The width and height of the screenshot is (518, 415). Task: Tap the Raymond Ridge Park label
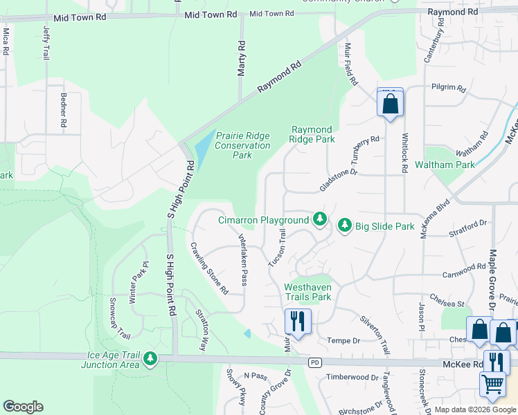click(x=312, y=134)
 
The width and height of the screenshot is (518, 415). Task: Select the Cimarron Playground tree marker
click(x=319, y=219)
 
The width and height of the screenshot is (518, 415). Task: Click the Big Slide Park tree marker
click(x=344, y=225)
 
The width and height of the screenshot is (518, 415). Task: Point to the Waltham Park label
click(x=445, y=165)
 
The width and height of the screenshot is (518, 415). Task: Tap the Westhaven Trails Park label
click(x=307, y=292)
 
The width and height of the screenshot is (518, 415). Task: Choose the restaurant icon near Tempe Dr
click(x=298, y=322)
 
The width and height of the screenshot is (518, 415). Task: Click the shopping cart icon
click(x=492, y=384)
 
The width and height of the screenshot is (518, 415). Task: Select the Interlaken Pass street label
click(x=243, y=259)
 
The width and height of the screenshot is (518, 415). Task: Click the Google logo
click(x=23, y=407)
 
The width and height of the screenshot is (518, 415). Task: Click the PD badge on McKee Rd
click(x=315, y=362)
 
